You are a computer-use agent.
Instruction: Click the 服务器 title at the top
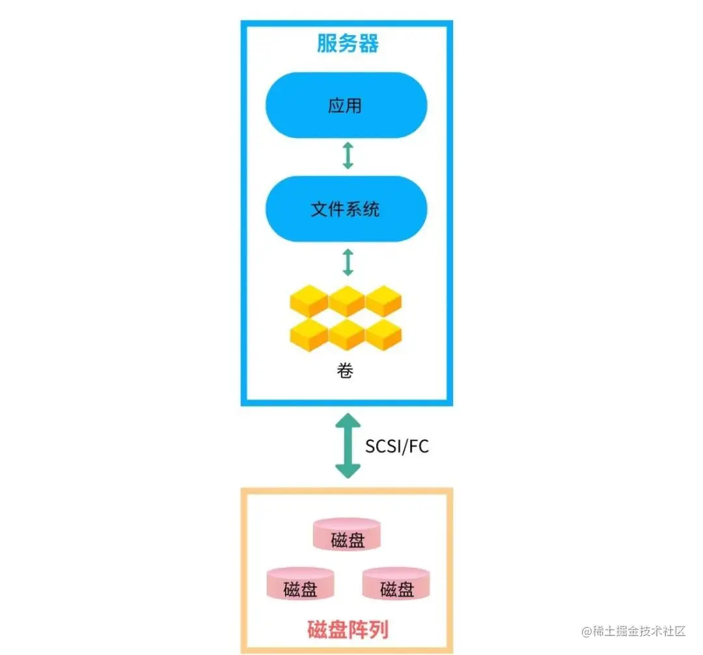tap(348, 44)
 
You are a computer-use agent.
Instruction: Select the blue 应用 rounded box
tap(346, 105)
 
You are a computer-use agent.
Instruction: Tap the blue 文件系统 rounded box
tap(346, 209)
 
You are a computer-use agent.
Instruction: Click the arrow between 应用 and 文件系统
tap(348, 156)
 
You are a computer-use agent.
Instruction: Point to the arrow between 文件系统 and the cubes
tap(348, 261)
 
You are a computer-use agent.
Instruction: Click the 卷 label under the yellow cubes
tap(346, 371)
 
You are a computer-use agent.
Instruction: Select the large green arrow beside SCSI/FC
tap(348, 446)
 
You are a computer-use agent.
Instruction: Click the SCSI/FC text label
tap(397, 447)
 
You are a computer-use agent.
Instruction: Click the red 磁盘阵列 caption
tap(348, 630)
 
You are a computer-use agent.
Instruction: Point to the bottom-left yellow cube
tap(309, 334)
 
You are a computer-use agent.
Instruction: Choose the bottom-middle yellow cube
tap(346, 334)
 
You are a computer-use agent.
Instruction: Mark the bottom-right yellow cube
tap(384, 334)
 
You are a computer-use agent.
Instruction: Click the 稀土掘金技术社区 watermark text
tap(639, 631)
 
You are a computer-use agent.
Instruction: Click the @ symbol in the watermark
tap(586, 632)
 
